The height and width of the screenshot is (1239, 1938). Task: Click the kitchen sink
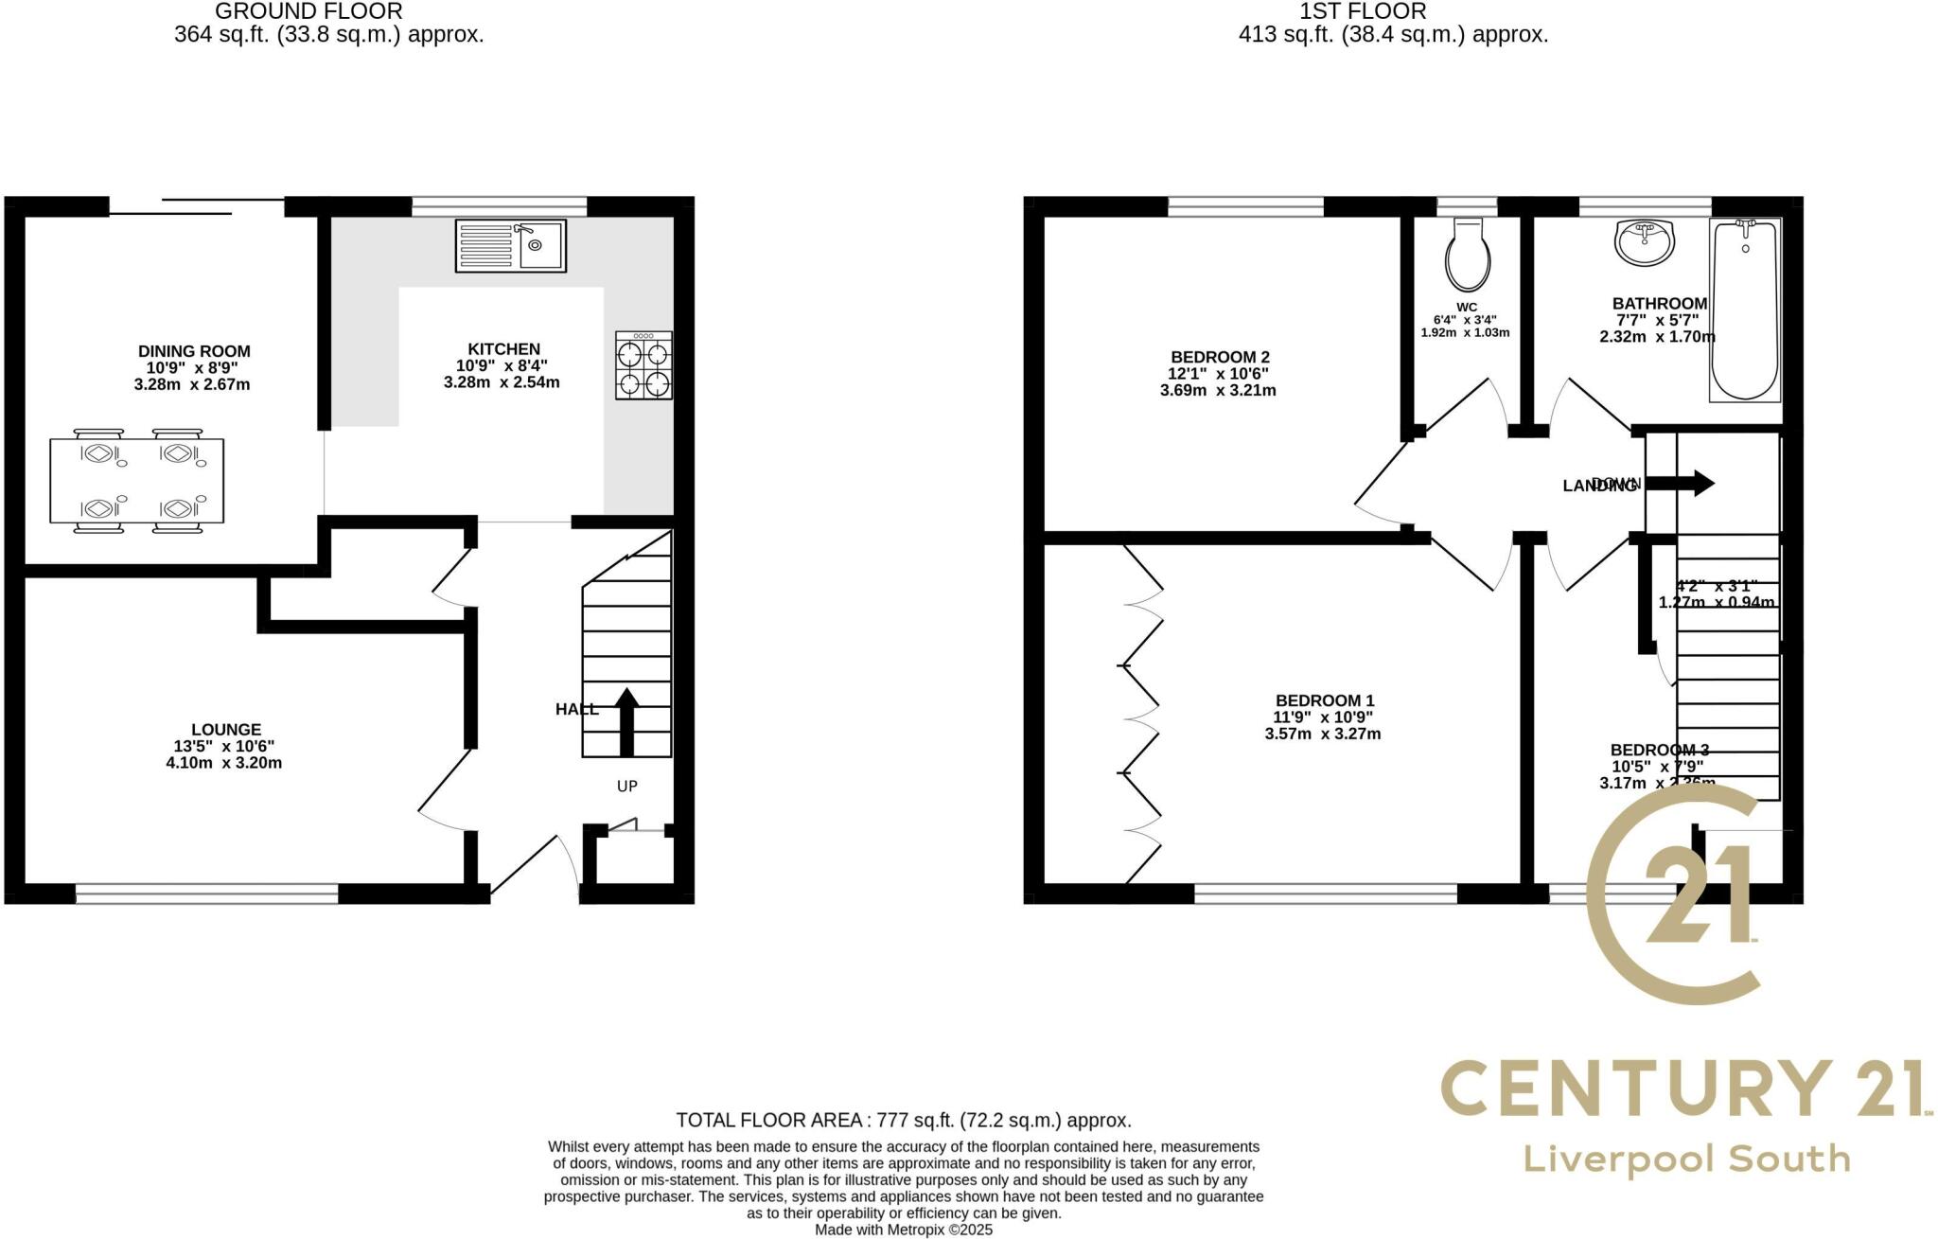[x=510, y=246]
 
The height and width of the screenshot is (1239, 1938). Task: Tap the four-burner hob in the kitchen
[x=643, y=365]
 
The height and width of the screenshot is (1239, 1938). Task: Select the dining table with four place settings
[x=137, y=481]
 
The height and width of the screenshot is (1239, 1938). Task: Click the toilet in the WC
[x=1468, y=256]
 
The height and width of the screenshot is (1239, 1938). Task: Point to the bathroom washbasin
[x=1645, y=243]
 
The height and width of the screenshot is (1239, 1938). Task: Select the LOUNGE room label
[x=225, y=730]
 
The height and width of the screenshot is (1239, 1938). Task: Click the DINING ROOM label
[x=194, y=351]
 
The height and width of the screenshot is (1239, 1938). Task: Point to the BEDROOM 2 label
[x=1220, y=357]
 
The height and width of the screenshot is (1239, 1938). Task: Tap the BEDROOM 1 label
[x=1324, y=701]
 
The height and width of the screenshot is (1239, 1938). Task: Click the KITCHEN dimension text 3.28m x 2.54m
[x=502, y=383]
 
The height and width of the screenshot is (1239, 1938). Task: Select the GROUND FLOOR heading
[x=308, y=11]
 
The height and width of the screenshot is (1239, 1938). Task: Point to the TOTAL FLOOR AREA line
[x=903, y=1121]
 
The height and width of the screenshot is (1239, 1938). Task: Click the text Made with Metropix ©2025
[x=904, y=1230]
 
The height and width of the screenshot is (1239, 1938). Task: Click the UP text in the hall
[x=627, y=786]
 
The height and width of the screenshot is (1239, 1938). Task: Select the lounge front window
[x=206, y=894]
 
